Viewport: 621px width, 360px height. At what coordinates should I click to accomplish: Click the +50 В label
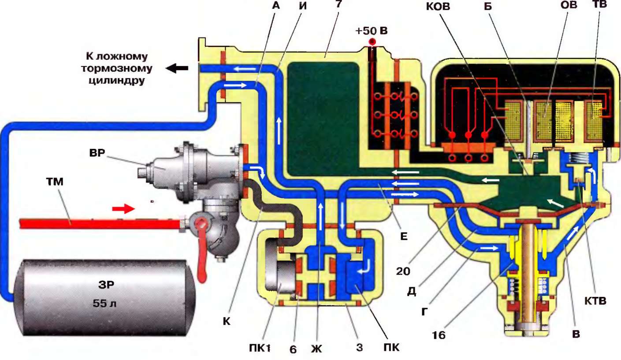(x=372, y=31)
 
